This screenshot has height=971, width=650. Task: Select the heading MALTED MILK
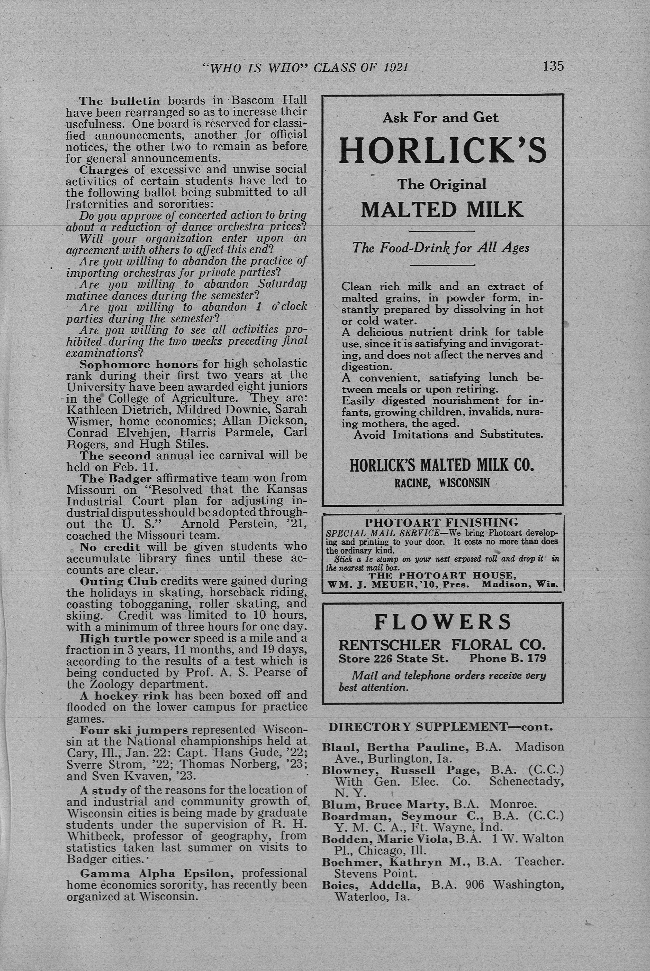click(442, 210)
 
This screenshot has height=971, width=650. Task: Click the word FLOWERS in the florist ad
click(443, 622)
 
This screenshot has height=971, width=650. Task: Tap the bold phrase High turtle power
click(135, 638)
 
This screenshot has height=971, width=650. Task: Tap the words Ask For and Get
click(440, 118)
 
